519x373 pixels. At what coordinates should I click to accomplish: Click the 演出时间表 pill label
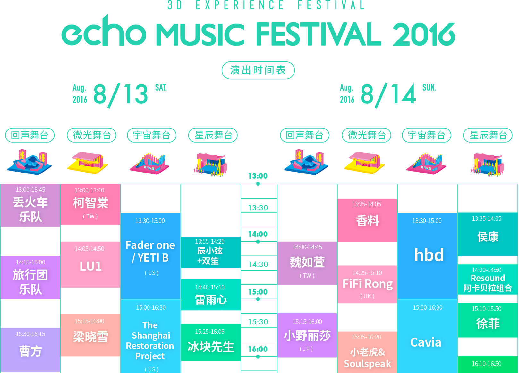258,70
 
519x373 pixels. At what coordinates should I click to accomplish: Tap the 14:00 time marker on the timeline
258,234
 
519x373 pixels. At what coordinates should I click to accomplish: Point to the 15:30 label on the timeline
258,322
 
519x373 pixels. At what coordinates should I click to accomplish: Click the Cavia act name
426,342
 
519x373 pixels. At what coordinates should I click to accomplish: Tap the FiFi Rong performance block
367,284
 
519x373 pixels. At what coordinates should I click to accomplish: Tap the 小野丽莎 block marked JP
307,335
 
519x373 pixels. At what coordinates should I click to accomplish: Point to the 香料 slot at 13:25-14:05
367,220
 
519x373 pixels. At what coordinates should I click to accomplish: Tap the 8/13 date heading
121,94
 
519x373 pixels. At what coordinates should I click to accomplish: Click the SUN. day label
429,87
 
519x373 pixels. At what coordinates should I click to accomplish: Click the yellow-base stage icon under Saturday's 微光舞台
88,162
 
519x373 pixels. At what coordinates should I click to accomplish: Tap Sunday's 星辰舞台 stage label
488,135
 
